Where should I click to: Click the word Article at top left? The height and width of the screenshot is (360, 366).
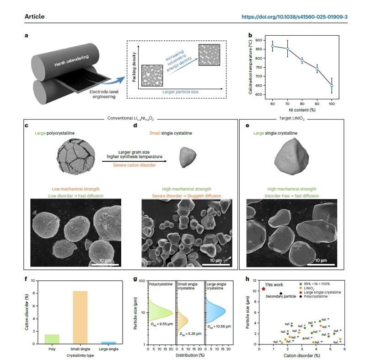click(35, 17)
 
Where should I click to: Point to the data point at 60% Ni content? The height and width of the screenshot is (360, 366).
click(272, 46)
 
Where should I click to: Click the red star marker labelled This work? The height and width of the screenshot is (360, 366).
click(264, 289)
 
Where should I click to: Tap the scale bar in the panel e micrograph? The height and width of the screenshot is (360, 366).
click(316, 264)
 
